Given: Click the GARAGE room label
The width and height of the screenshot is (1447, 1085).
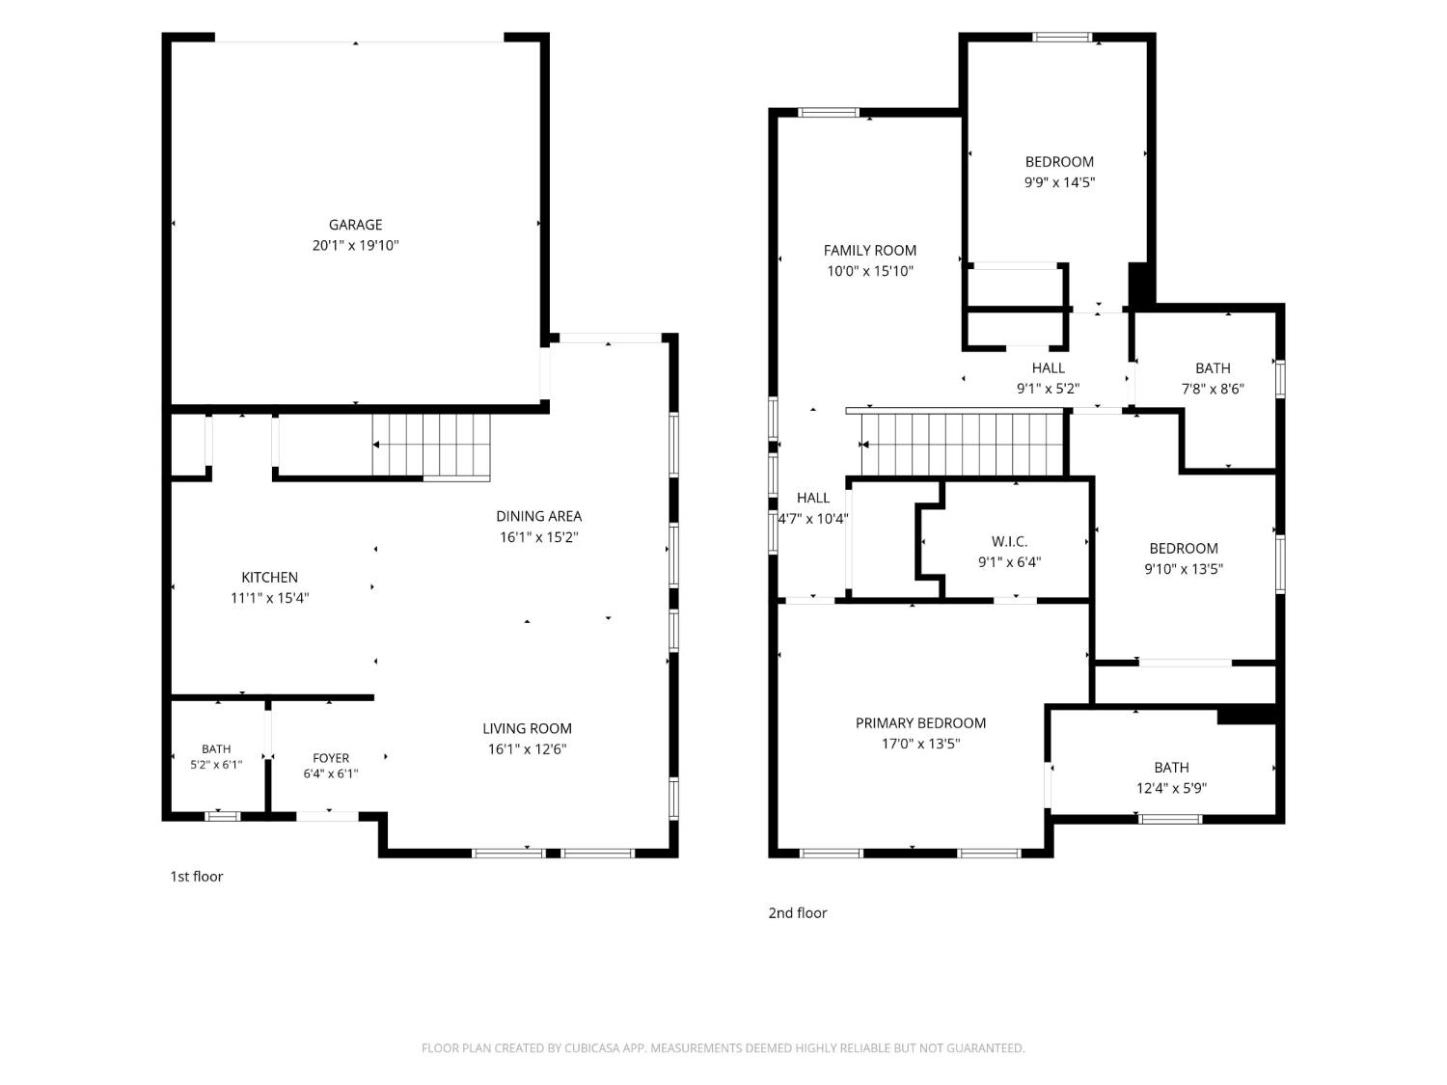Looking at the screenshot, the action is [355, 225].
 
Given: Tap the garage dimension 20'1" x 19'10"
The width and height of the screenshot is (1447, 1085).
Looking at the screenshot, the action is [355, 246].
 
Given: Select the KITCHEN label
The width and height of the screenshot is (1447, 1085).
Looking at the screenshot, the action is [269, 578].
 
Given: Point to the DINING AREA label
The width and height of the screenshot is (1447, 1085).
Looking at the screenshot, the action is [538, 517].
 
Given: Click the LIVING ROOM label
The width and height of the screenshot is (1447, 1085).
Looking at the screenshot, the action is [527, 728].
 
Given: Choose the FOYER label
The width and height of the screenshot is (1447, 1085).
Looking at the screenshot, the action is [331, 758].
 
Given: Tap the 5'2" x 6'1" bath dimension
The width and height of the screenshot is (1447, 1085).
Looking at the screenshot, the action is [216, 765].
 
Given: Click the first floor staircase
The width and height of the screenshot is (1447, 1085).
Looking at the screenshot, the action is [431, 445].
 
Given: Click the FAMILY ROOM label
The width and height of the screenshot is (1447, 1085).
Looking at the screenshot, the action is [869, 251].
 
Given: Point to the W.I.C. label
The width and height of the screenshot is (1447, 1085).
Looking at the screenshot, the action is [1009, 541].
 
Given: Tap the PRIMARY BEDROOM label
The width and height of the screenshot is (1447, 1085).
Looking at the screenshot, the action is [920, 723].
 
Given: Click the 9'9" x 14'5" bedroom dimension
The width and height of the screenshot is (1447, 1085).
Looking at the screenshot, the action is [1059, 182].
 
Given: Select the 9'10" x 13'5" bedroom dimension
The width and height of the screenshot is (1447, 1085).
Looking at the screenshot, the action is [1184, 569].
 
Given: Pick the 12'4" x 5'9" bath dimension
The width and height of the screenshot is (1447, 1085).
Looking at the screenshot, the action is [1171, 789].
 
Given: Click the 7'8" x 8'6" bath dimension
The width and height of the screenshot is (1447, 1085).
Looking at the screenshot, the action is [1213, 390].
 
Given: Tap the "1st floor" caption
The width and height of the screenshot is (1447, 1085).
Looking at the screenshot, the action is [197, 877].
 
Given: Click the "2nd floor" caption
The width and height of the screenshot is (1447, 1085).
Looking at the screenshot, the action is [797, 913].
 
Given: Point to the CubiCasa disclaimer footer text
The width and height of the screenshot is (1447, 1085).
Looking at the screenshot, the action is [723, 1048].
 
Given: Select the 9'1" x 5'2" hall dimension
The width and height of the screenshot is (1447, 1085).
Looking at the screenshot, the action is [1048, 390].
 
